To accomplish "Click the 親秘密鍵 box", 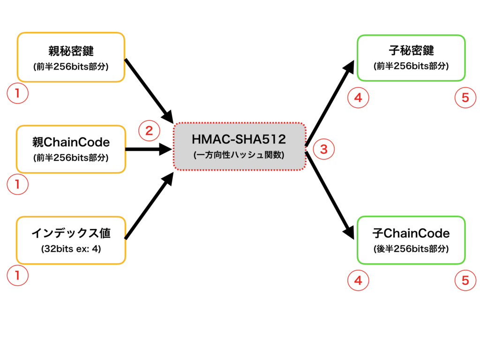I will click(71, 57).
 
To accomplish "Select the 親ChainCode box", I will click(71, 149).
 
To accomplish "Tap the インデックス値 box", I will click(71, 240).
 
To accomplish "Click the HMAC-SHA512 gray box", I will click(239, 146).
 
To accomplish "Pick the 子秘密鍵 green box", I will click(411, 57).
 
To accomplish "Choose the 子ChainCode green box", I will click(411, 240).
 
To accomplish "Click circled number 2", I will click(149, 131).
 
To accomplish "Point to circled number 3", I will click(323, 149).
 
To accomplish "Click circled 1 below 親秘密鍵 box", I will click(17, 93).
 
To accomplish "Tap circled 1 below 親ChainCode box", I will click(17, 184).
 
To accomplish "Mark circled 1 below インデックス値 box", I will click(17, 276).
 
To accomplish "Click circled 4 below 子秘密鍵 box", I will click(358, 97).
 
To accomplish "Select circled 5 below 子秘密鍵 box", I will click(465, 97).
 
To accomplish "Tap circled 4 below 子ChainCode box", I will click(358, 280).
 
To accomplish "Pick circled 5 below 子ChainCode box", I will click(465, 280).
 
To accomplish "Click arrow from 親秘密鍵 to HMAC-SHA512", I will click(148, 89).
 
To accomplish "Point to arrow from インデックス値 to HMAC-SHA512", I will click(148, 207).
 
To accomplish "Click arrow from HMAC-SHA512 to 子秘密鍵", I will click(329, 103).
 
